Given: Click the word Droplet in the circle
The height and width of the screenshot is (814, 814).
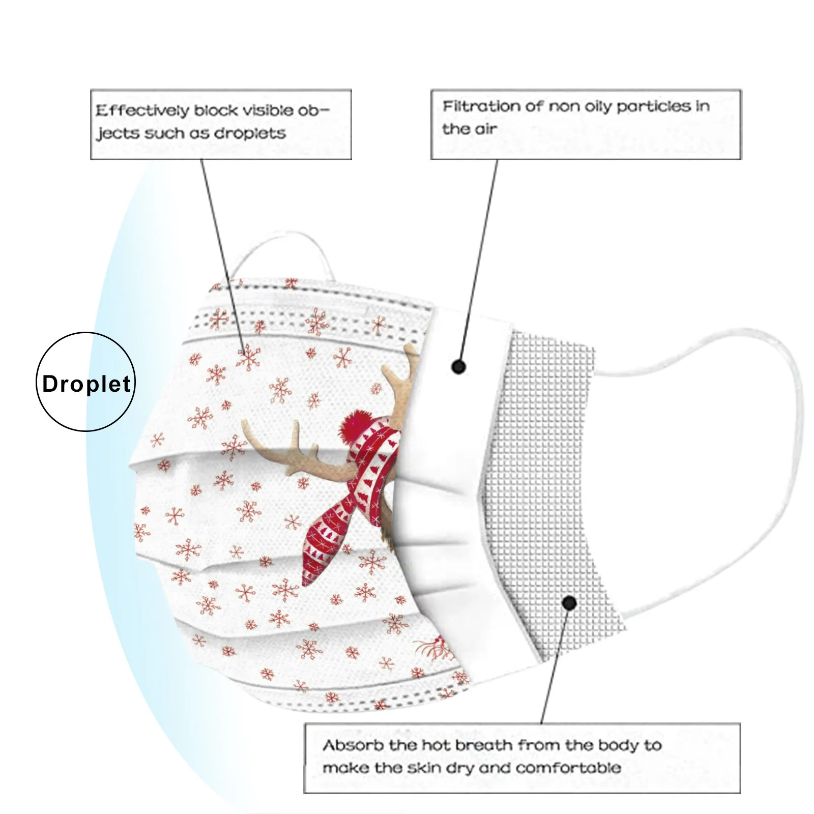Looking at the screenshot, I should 86,384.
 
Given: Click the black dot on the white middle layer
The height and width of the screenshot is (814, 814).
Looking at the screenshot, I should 458,366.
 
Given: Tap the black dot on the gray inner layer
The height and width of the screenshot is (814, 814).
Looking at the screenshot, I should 569,603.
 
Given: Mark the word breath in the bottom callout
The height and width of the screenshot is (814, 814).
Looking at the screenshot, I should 484,745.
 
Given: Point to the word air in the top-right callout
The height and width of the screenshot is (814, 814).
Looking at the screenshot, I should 485,129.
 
